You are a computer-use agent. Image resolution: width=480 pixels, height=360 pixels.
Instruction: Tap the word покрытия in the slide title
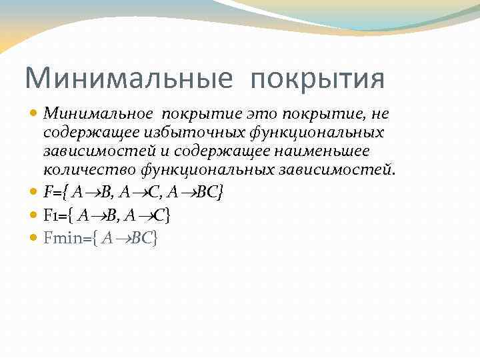tap(318, 78)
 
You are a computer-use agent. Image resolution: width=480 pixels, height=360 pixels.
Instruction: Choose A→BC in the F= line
tap(193, 193)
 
